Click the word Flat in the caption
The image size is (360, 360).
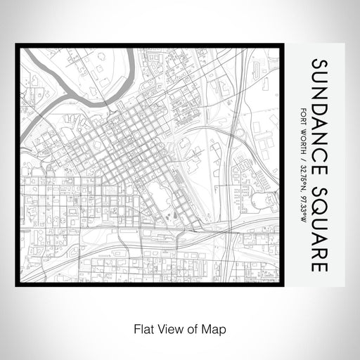point(139,328)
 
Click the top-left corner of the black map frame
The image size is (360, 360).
point(17,46)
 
